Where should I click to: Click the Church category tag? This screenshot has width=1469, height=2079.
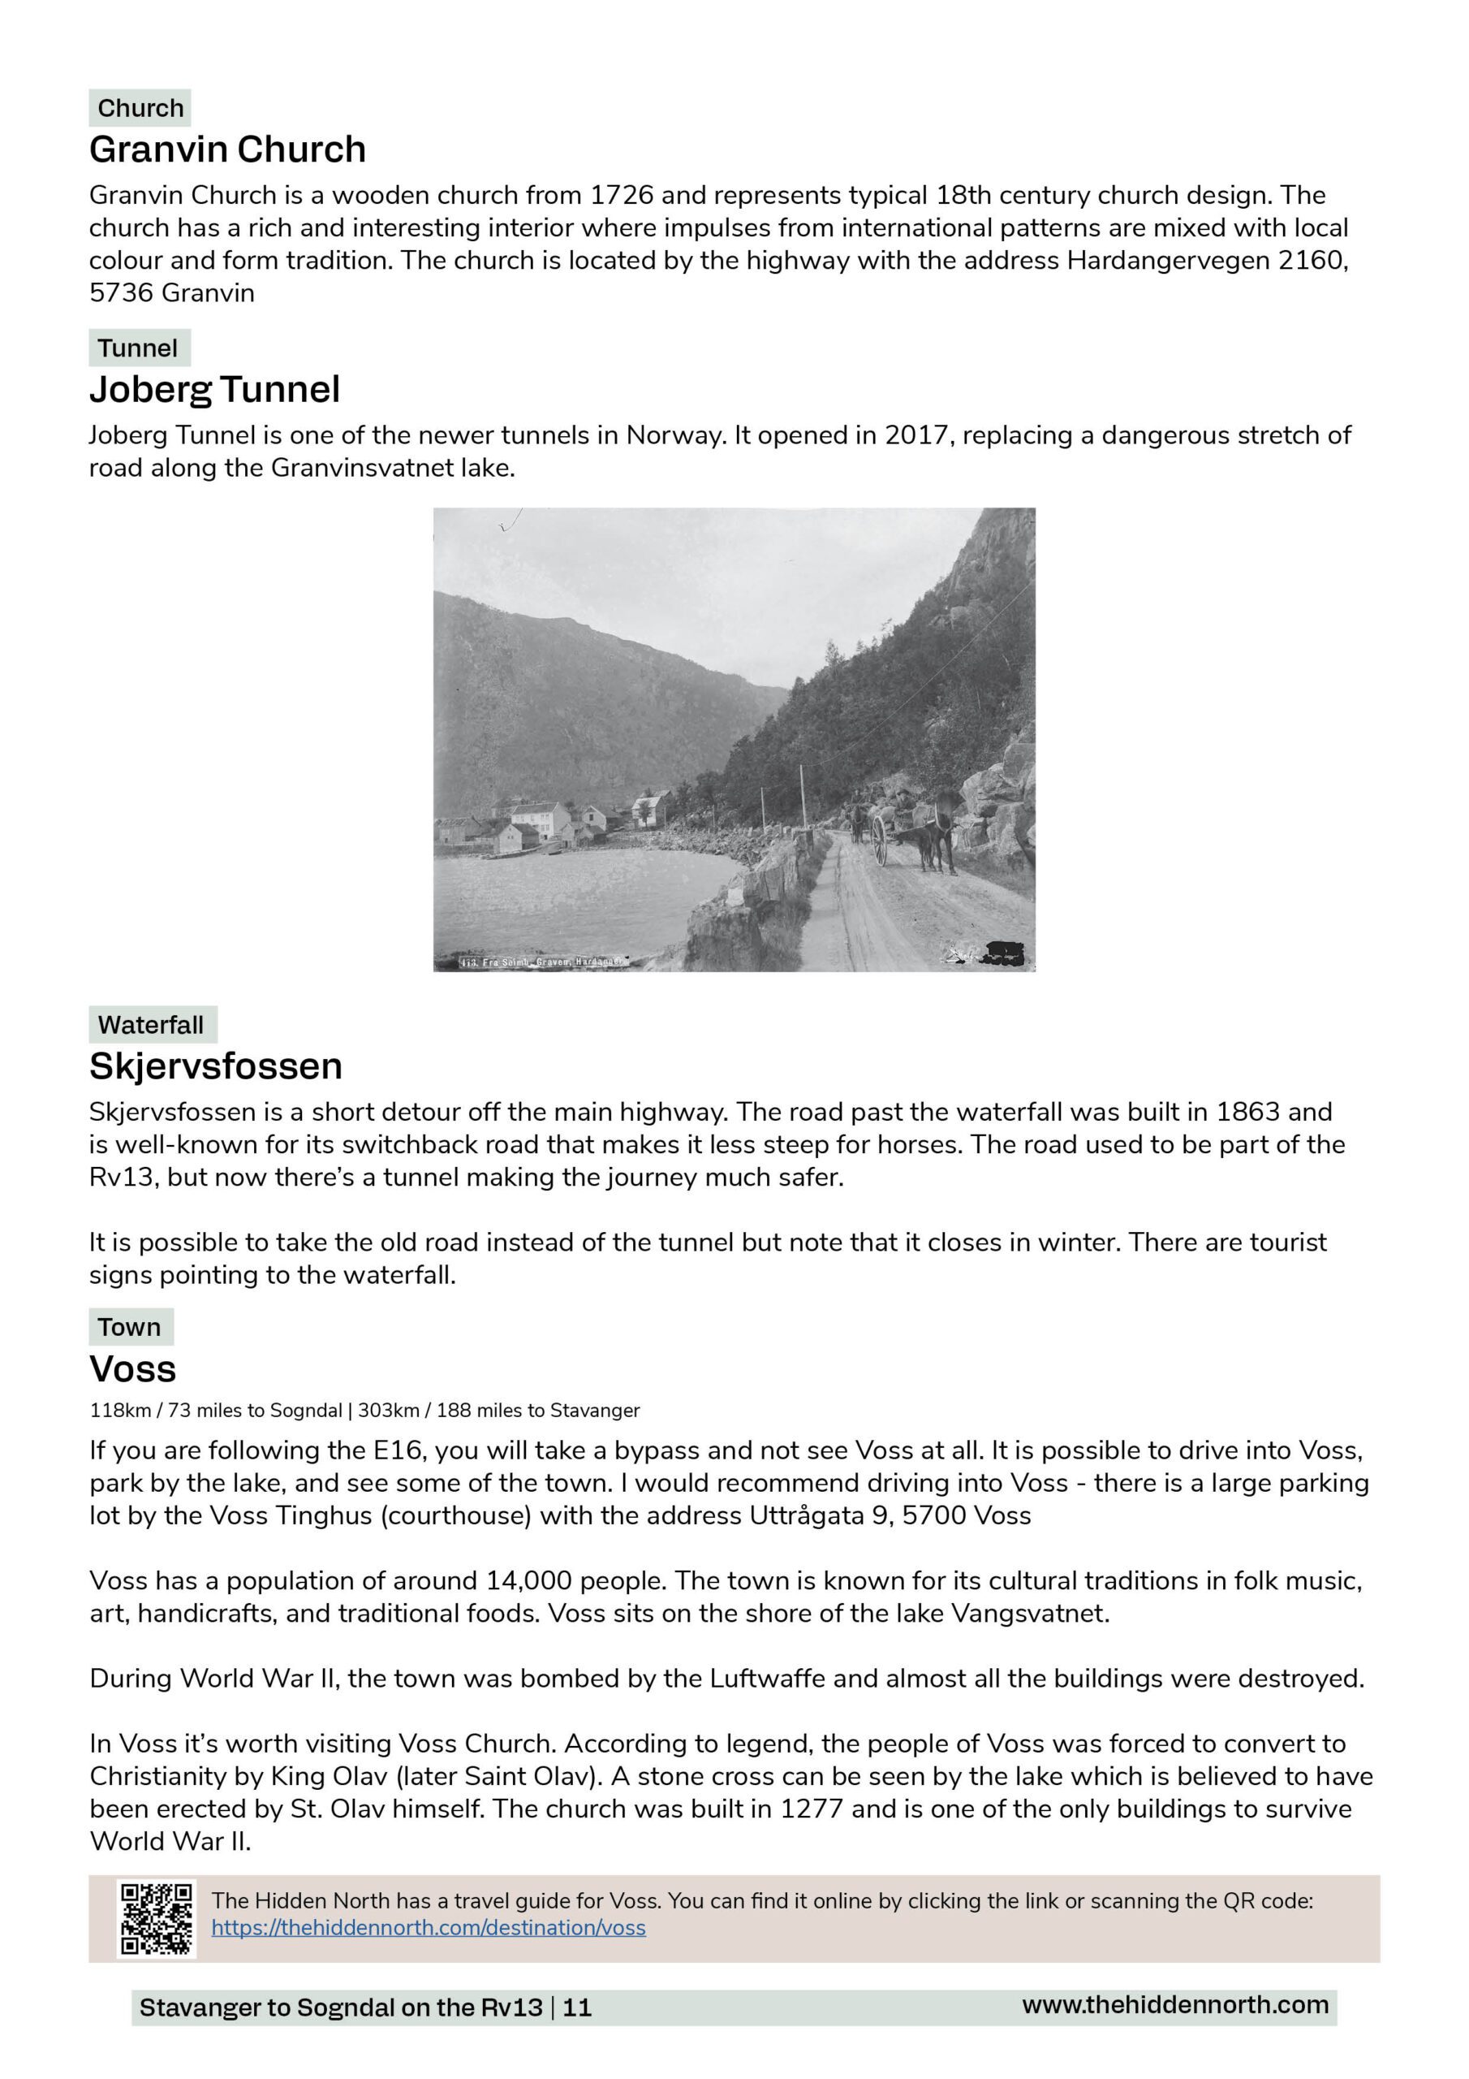pos(140,108)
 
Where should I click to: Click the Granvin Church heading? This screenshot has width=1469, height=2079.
pos(227,149)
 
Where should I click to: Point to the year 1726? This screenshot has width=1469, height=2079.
pos(621,196)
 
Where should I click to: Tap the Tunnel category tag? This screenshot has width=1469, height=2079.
pos(138,348)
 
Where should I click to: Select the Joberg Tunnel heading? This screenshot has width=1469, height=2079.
pos(214,389)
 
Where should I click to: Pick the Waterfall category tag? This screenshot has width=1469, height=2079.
pos(151,1024)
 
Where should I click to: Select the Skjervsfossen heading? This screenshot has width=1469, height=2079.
pos(215,1065)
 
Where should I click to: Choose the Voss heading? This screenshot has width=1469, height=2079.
pos(133,1368)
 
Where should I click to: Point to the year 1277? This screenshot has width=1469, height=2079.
pos(812,1809)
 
